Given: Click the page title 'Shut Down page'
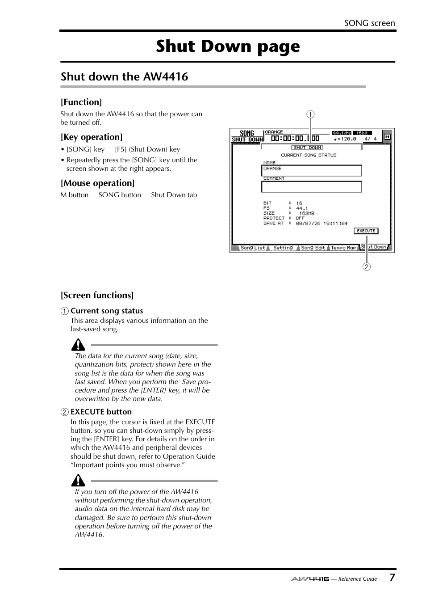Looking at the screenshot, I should (228, 46).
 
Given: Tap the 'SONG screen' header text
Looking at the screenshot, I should (369, 23).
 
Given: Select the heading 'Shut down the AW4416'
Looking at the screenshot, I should (124, 76).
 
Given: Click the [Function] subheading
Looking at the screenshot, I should (81, 102).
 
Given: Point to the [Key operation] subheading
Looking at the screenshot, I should (92, 137).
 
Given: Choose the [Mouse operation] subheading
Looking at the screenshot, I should (97, 183).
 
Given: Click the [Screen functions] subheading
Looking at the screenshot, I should (97, 295).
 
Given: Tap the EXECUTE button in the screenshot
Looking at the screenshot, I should (366, 231).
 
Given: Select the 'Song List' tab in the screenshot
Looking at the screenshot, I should (252, 248).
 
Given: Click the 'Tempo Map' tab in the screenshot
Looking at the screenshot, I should (343, 248).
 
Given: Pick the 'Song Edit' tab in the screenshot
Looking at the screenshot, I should (313, 248).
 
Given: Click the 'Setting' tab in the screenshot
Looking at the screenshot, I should (283, 248).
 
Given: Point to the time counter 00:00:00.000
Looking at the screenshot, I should (295, 139).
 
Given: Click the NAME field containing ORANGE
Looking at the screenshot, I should (311, 170).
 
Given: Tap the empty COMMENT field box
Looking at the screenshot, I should (311, 187).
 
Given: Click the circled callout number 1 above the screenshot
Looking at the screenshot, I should (310, 114).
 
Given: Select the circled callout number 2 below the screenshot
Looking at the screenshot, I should (366, 267).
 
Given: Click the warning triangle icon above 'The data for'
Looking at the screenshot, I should (78, 345).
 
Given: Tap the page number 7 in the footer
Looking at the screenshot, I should (392, 577).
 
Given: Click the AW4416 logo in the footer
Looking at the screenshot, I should (309, 579).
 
